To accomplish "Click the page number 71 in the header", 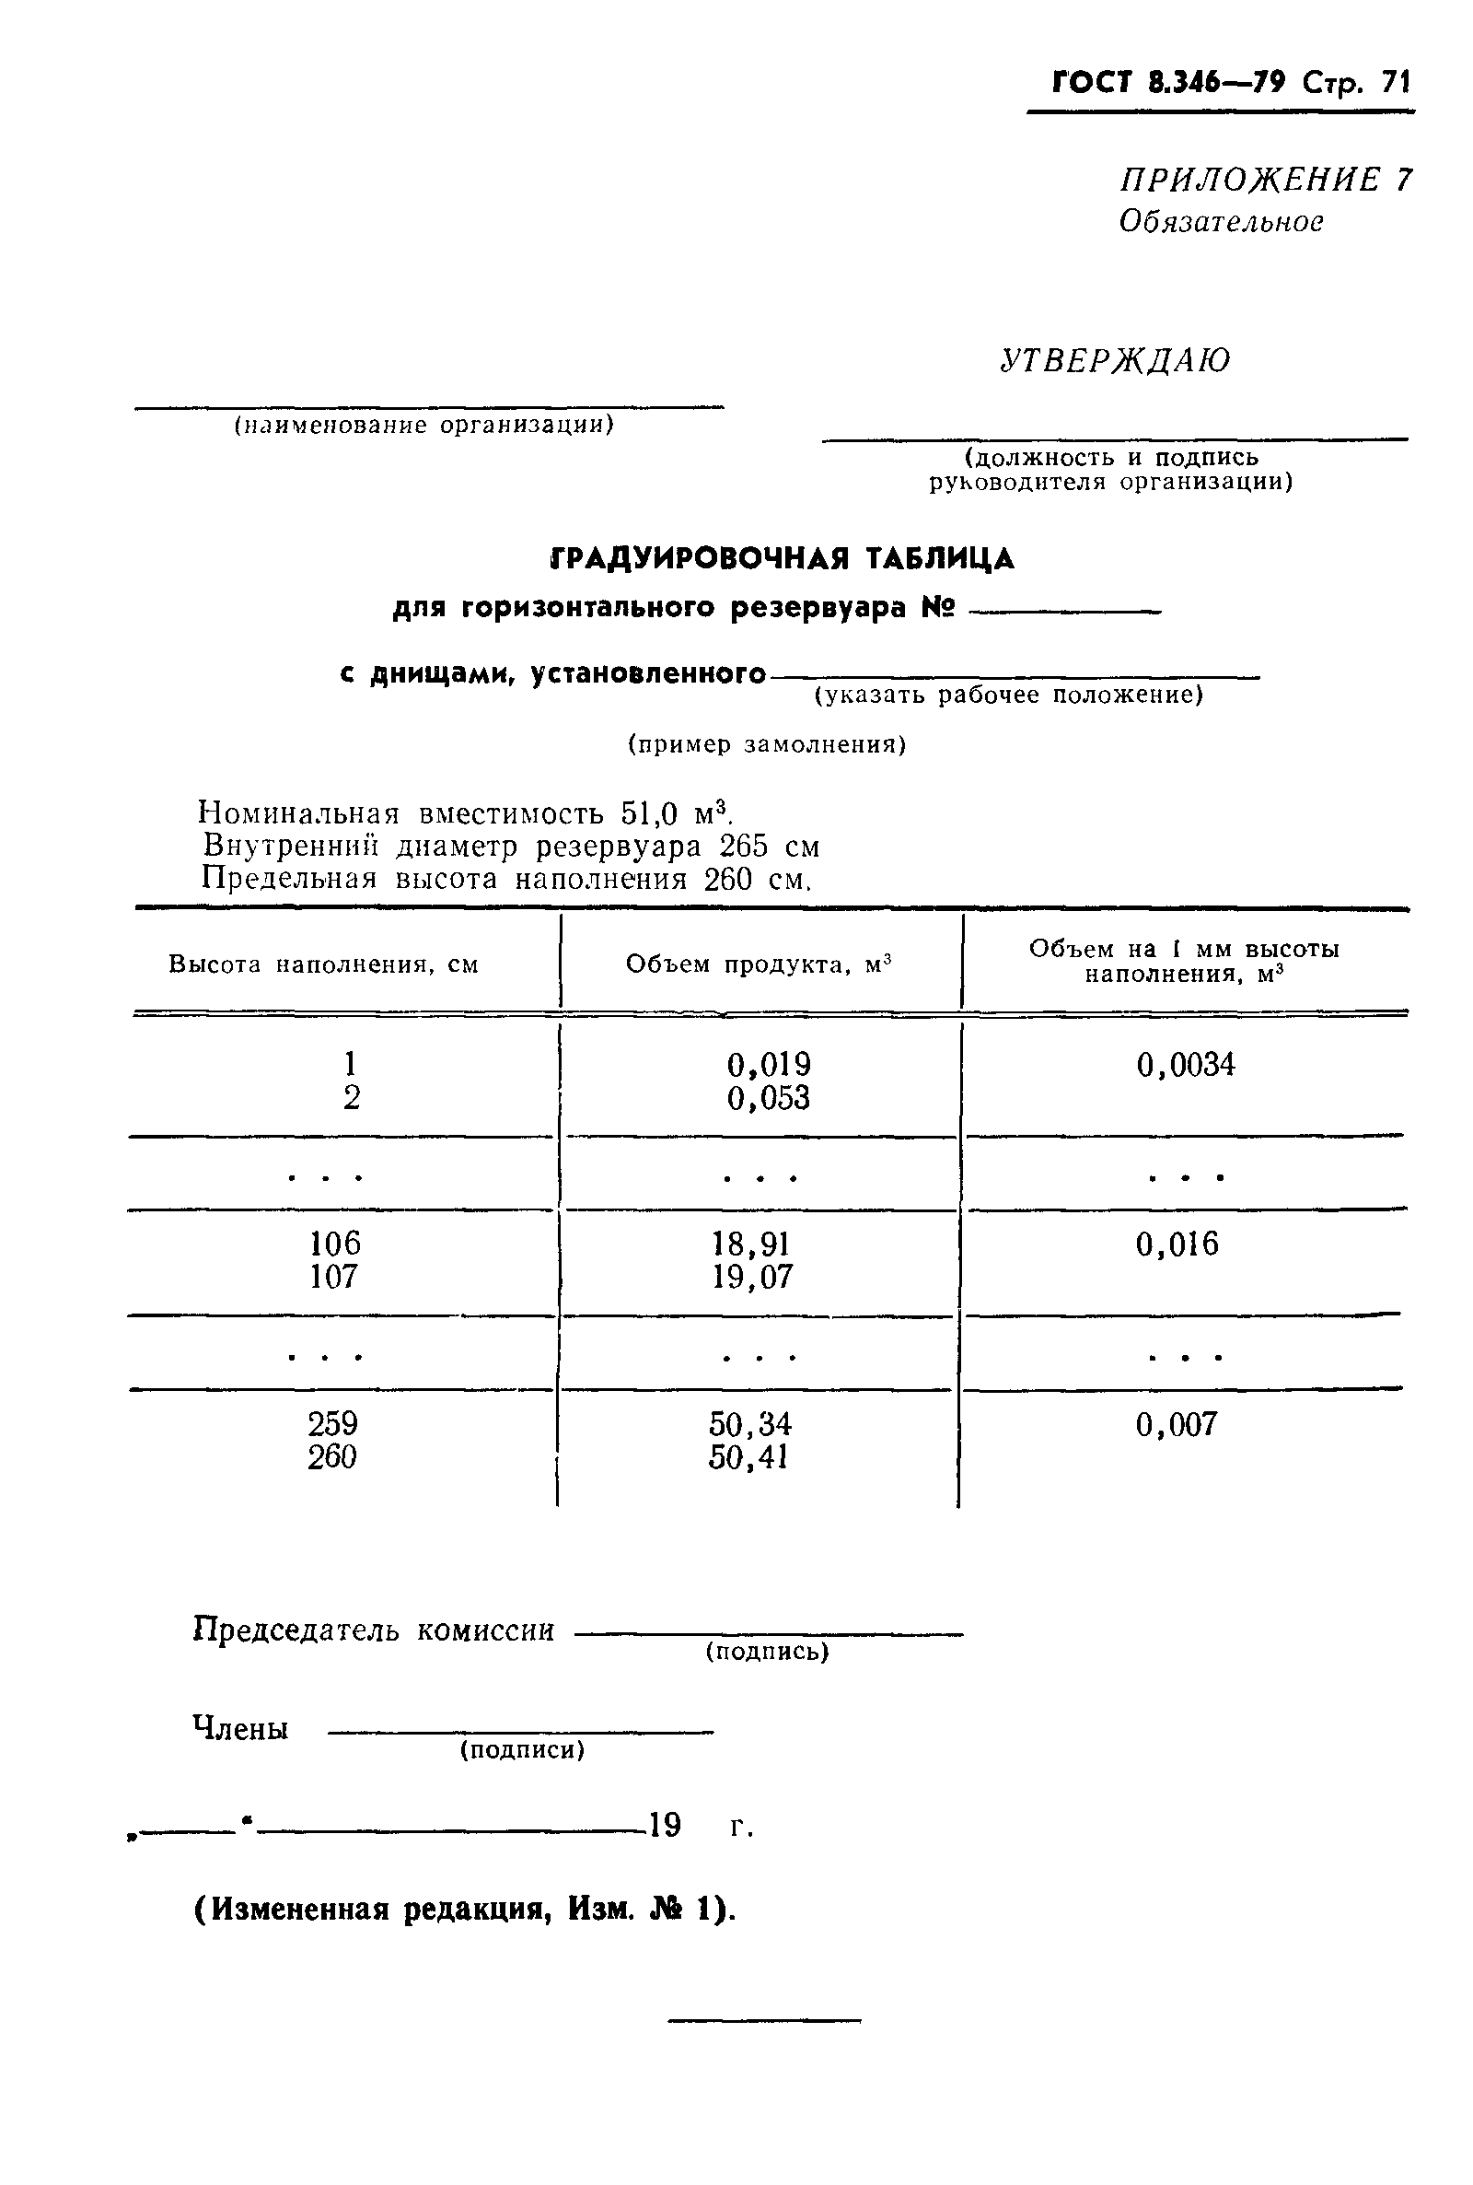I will point(1395,83).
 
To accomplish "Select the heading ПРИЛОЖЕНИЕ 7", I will point(1265,179).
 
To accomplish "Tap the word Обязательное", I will point(1222,222).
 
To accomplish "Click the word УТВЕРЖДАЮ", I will point(1114,361).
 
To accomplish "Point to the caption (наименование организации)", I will point(423,426).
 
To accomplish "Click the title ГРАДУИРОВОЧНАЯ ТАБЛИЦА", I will point(782,558).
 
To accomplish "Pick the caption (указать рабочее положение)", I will point(1008,695).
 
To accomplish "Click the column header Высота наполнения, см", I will point(323,964).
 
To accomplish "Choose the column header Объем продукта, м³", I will point(758,964).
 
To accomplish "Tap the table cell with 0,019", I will point(769,1065).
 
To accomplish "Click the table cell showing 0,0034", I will point(1186,1065).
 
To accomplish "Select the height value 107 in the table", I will point(333,1276).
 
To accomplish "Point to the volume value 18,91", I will point(751,1244).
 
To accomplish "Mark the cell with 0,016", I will point(1177,1244).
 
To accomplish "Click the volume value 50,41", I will point(748,1456).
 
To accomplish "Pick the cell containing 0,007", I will point(1177,1424).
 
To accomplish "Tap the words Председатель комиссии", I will point(373,1630).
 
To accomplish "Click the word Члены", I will point(240,1728).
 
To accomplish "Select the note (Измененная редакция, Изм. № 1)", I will point(465,1910).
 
